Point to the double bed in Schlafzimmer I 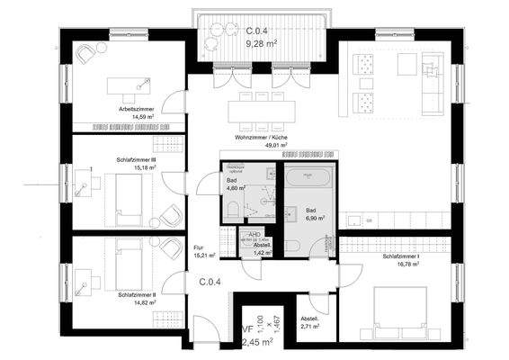(x=402, y=310)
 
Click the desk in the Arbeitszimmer (x=127, y=85)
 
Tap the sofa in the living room (x=432, y=81)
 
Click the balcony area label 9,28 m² (x=264, y=41)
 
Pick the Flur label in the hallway (x=200, y=249)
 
